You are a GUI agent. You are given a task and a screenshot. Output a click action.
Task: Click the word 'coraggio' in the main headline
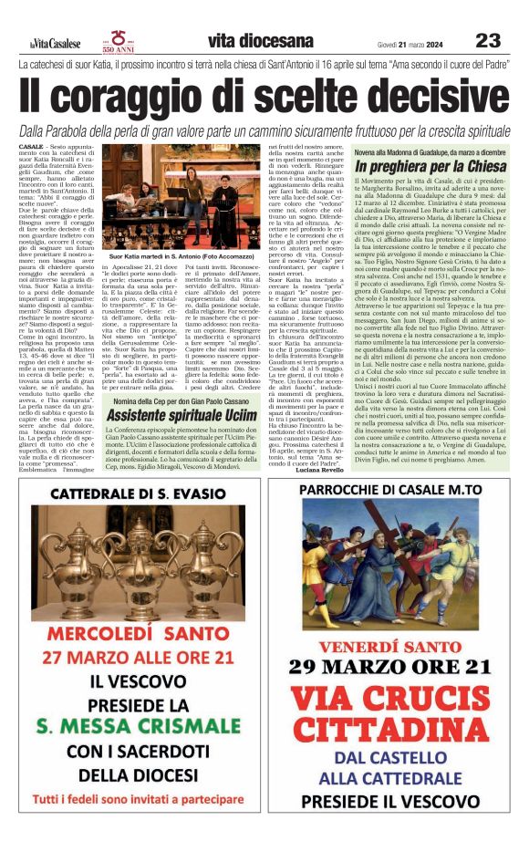pos(154,98)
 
